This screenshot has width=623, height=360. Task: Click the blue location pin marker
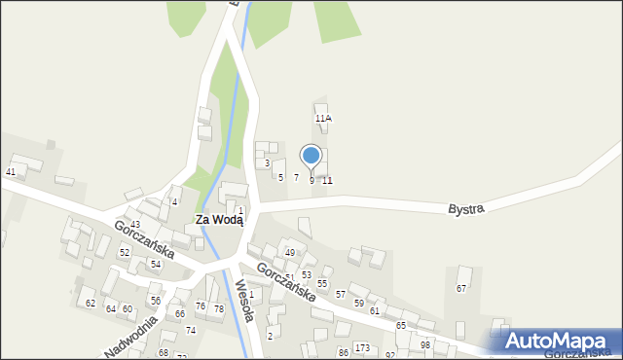[x=311, y=156]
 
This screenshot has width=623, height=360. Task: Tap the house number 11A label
[x=323, y=119]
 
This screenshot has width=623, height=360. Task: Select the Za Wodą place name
[x=219, y=220]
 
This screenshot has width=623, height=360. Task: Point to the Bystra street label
[x=466, y=209]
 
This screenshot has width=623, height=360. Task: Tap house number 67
[x=461, y=289]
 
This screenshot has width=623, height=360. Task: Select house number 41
[x=11, y=172]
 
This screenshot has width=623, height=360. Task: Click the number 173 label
[x=362, y=348]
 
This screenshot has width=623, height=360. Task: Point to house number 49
[x=289, y=253]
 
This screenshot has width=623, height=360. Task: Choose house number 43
[x=135, y=225]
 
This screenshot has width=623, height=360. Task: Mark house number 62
[x=91, y=304]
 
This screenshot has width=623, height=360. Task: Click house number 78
[x=219, y=308]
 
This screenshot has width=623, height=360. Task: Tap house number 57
[x=341, y=294]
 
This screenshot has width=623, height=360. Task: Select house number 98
[x=425, y=345]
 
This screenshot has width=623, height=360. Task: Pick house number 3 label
[x=267, y=163]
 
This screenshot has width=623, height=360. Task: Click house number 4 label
[x=174, y=202]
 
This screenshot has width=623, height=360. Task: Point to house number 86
[x=343, y=352]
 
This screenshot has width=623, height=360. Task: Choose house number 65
[x=401, y=325]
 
